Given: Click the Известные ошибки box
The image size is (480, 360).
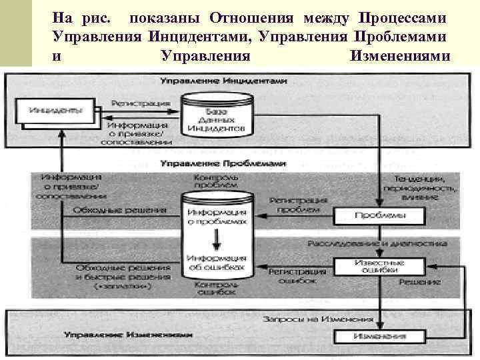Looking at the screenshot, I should (x=378, y=266).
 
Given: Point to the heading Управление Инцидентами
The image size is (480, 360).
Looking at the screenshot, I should (x=223, y=81).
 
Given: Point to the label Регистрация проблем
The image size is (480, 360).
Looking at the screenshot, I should (x=298, y=205).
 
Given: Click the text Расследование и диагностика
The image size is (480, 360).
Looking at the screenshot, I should (x=377, y=244).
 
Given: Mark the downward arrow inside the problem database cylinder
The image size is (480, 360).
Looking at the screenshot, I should (x=215, y=238).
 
